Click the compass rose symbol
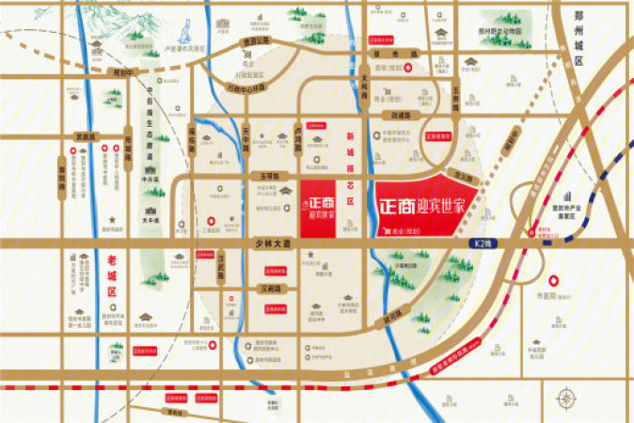coord(567,399)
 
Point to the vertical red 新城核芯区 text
coord(352,174)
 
